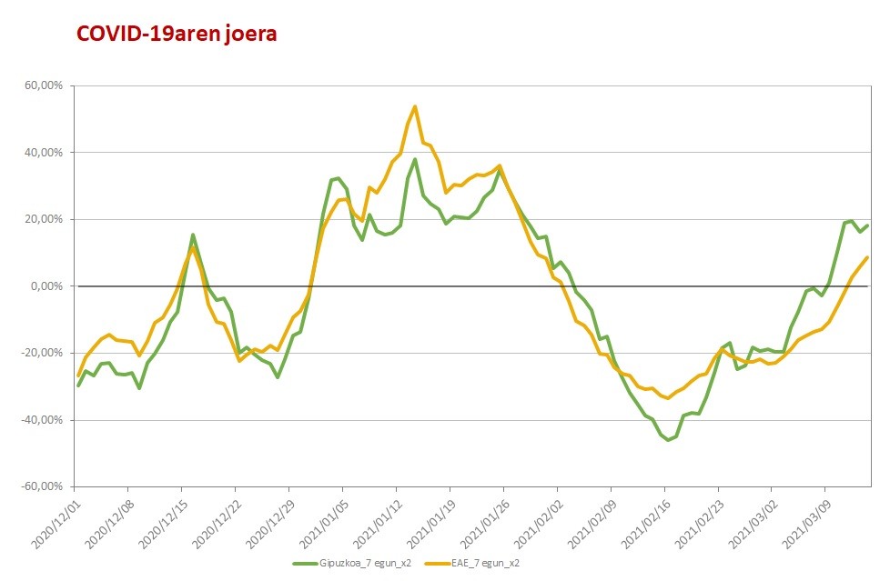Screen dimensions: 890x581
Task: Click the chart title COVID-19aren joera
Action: click(177, 34)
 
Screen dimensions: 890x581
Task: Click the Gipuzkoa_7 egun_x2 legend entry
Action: click(352, 564)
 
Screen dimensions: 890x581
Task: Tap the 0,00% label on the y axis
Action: click(47, 286)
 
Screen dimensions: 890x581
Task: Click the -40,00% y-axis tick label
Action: click(43, 420)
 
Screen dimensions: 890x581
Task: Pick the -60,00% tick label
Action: click(43, 486)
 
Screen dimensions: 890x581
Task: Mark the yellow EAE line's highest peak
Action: click(415, 106)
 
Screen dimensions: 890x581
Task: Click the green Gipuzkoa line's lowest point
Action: click(668, 440)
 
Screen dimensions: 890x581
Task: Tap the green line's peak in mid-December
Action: click(193, 235)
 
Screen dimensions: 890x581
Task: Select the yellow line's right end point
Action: click(867, 257)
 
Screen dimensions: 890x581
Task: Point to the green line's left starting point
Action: click(78, 386)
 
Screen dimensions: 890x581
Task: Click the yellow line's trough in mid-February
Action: click(668, 397)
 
